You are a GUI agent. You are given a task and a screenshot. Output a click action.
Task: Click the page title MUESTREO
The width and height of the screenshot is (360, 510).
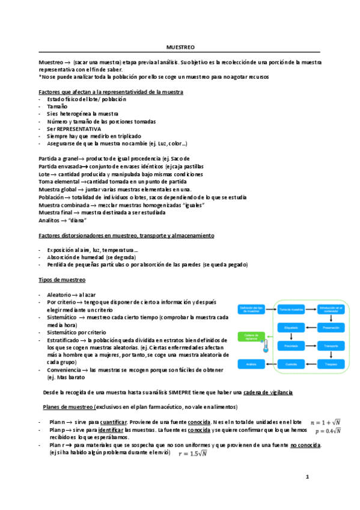[180, 47]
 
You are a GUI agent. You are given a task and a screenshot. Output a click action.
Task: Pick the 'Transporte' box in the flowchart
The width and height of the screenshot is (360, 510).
[330, 346]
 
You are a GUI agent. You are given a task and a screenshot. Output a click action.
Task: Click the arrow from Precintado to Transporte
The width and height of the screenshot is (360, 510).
[310, 346]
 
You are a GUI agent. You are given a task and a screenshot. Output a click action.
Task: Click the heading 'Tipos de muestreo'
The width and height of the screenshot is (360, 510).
[62, 280]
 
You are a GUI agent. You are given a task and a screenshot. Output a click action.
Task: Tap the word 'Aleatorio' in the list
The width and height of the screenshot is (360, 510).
[58, 294]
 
